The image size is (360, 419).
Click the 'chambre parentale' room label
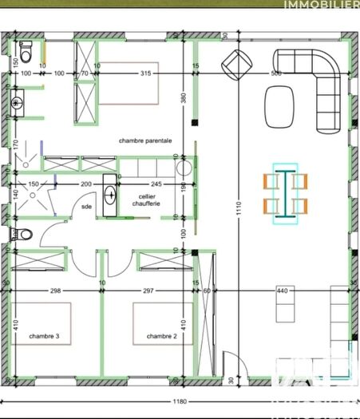coord(156,140)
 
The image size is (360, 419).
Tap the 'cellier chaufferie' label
coord(146,200)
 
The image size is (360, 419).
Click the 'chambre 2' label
coord(161,336)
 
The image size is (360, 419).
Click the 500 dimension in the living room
coord(275,73)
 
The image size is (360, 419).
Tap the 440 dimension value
coord(281,291)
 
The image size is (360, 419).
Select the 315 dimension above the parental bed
coord(145,73)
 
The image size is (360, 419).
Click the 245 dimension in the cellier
coord(156,184)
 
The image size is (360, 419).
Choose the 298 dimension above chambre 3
coord(55,291)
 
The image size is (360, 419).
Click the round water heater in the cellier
coord(183,168)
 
